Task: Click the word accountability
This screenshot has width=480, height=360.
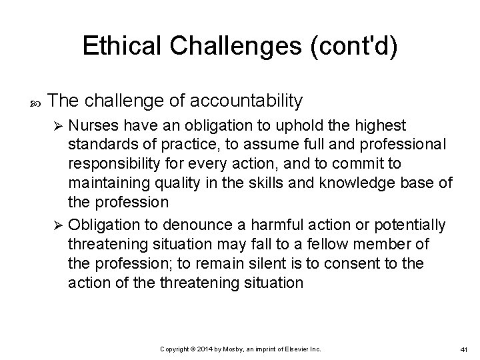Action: click(x=247, y=101)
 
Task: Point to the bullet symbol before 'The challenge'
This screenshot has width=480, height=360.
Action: click(x=35, y=102)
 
